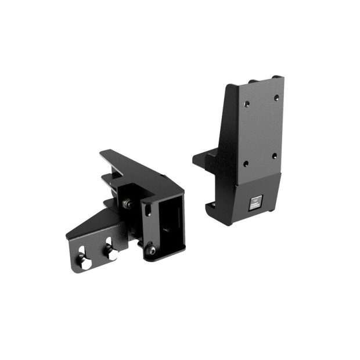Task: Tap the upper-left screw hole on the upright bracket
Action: [x=247, y=104]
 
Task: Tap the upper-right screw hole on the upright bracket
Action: [x=276, y=97]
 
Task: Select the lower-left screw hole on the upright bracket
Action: [x=246, y=164]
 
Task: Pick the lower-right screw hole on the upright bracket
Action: [x=274, y=156]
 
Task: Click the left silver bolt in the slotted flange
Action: [x=85, y=262]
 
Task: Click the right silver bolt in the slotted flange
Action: [x=110, y=254]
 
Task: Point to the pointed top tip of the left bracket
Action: [x=103, y=153]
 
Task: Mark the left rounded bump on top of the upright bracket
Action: [x=251, y=81]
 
